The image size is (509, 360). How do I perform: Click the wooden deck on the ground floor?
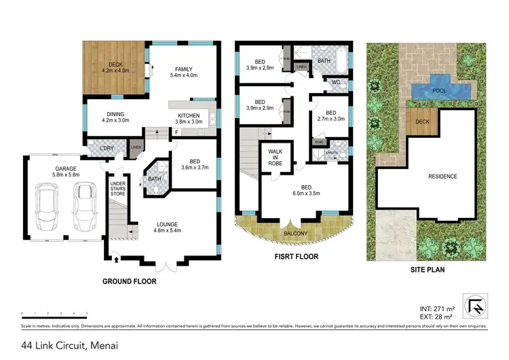pos(115,69)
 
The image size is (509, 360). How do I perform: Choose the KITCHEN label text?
pos(189,115)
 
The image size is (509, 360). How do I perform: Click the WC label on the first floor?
pos(335,82)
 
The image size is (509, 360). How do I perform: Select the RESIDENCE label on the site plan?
pos(442,177)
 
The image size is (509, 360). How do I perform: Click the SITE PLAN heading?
pos(427,269)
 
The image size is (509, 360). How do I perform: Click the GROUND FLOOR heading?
pos(129,281)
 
